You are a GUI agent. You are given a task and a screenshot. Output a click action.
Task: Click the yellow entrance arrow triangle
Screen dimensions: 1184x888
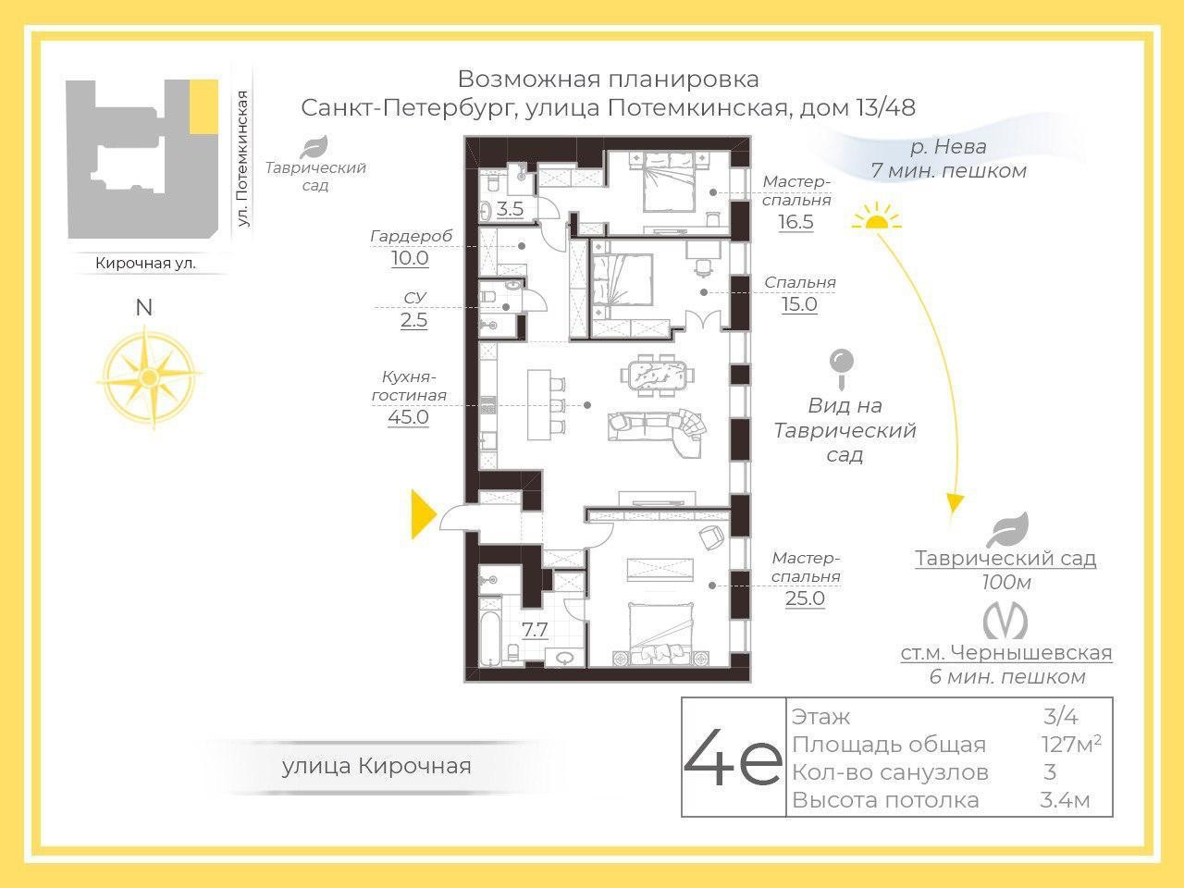pos(423,514)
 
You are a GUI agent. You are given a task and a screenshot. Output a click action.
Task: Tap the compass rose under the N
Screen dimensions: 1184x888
pos(150,376)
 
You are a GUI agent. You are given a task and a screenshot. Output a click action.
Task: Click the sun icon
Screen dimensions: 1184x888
pos(876,216)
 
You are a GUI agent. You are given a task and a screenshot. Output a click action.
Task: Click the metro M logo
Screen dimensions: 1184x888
pos(1005,622)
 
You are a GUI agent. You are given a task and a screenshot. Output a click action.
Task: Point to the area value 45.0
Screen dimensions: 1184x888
pos(408,417)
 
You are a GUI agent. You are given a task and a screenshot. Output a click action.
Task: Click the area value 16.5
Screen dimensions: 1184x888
pos(795,222)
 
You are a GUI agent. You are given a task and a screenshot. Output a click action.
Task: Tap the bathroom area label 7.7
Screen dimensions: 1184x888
pos(535,629)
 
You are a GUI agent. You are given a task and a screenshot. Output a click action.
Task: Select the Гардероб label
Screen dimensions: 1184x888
pos(411,236)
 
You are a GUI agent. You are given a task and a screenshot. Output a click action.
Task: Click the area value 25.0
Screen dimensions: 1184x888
pos(805,598)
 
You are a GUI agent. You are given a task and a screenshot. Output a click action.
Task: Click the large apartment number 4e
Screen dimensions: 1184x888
pos(733,757)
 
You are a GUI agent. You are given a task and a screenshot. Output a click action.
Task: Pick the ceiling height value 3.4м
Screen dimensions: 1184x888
pos(1065,800)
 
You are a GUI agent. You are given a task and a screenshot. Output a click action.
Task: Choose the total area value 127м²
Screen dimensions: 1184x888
pos(1071,744)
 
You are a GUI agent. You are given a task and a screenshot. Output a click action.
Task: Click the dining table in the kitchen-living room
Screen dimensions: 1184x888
pos(657,375)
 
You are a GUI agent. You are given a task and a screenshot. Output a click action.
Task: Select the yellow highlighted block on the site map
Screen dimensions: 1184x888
pos(203,106)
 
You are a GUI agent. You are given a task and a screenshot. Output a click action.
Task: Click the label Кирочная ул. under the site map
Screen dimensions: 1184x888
pos(145,263)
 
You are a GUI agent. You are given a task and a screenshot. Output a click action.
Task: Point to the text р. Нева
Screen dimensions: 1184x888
pos(948,146)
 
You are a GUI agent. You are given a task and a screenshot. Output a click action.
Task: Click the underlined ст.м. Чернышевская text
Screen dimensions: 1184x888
pos(1006,653)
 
